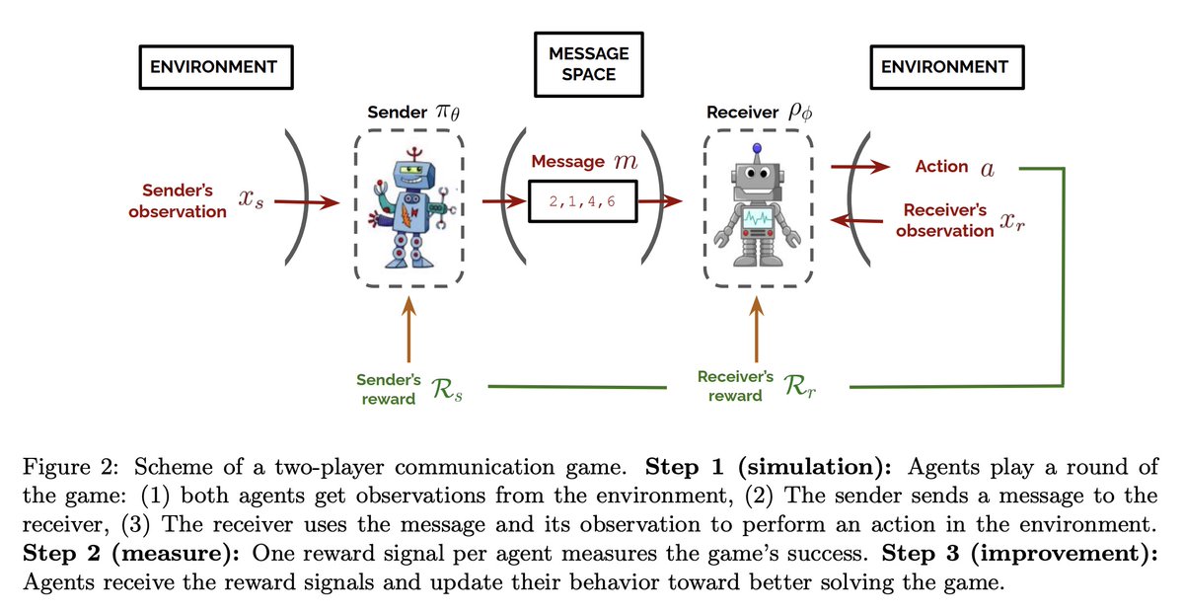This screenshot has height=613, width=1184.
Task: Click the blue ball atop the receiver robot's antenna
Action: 757,148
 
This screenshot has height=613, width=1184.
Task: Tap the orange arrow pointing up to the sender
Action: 408,329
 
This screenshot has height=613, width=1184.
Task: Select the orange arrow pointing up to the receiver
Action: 757,329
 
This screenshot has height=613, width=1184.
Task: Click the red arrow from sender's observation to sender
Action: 307,202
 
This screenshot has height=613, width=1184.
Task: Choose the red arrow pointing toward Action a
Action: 860,167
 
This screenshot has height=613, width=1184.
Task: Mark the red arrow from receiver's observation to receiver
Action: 856,220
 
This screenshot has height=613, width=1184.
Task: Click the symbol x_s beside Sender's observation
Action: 251,198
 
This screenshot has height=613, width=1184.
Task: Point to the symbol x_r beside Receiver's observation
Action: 1011,221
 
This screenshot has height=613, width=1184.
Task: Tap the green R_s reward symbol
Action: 447,390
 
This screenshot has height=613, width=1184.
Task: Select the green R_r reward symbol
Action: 799,386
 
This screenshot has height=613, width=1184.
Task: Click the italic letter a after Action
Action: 988,169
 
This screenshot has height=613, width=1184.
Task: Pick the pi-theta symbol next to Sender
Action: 448,113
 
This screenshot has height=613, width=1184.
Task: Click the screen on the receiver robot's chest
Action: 758,218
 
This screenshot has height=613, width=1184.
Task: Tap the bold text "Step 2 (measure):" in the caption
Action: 131,554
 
